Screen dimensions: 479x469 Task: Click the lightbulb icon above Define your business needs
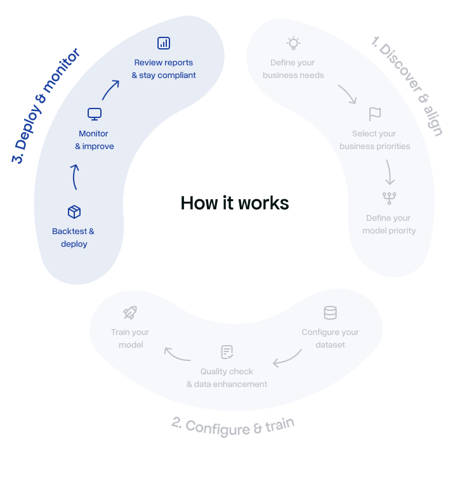[293, 43]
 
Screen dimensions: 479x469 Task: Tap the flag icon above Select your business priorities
[375, 114]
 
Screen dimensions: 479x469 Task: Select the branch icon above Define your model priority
[388, 198]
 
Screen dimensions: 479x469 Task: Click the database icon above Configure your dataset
[330, 313]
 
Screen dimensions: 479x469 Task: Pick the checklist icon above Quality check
[227, 352]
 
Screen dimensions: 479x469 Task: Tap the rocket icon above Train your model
[130, 312]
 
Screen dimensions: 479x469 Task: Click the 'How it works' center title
[235, 203]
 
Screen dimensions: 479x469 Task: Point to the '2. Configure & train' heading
[233, 425]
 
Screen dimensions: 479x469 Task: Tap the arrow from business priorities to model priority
[389, 171]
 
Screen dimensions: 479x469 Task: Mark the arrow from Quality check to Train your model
[177, 354]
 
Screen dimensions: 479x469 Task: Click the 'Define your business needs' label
[293, 69]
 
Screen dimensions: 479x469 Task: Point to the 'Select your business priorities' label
[374, 140]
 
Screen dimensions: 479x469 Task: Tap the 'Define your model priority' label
[388, 224]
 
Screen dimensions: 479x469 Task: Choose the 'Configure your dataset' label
[330, 338]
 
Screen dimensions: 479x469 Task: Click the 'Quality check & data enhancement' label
[227, 377]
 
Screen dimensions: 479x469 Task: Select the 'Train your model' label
[130, 338]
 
